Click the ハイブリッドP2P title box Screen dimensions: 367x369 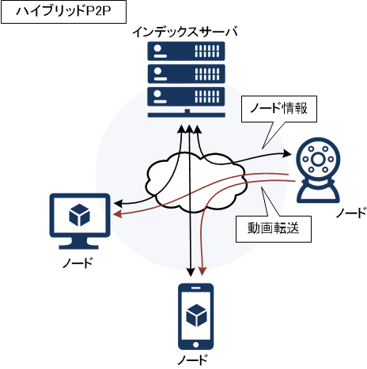coord(63,12)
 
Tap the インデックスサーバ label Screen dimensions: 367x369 coord(185,32)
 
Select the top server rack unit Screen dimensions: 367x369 coord(186,51)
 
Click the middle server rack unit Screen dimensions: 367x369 coord(186,73)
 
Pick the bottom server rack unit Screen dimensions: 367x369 coord(186,96)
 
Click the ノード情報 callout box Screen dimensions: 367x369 coord(279,109)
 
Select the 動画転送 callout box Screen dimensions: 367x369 coord(274,229)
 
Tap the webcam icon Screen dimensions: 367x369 coord(318,170)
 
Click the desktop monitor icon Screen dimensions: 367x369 coord(80,221)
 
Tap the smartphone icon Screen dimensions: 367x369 coord(195,316)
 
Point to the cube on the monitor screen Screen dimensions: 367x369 coord(79,215)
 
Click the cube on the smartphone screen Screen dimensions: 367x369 coord(196,315)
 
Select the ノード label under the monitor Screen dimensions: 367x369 coord(78,263)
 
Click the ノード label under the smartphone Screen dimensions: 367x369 coord(192,360)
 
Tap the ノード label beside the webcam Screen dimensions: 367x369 coord(351,213)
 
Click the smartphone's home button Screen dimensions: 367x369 coord(195,345)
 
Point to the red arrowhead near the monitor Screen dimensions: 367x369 coord(117,214)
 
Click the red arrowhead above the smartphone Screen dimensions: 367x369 coord(202,271)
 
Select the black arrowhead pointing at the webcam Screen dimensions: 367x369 coord(286,153)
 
